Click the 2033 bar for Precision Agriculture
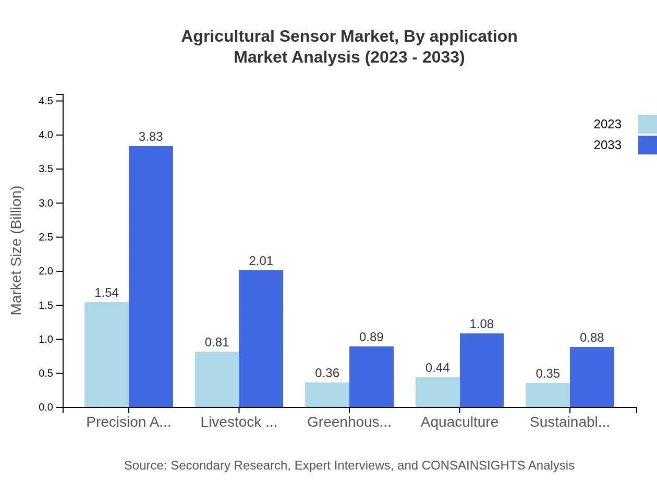coord(151,277)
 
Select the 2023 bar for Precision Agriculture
coord(106,354)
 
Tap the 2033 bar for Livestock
coord(261,339)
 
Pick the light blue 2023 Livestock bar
coord(217,379)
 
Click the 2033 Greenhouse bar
coord(371,377)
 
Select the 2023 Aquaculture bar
coord(437,392)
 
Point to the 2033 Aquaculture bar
coord(482,370)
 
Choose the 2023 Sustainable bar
coord(547,395)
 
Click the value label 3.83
coord(151,137)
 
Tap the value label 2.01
coord(261,261)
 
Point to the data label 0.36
coord(327,373)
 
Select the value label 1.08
coord(481,324)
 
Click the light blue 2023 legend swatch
coord(647,124)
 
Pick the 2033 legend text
coord(607,145)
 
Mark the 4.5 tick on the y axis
coord(46,101)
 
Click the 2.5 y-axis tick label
coord(46,237)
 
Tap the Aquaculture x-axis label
coord(459,422)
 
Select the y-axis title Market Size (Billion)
coord(17,250)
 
